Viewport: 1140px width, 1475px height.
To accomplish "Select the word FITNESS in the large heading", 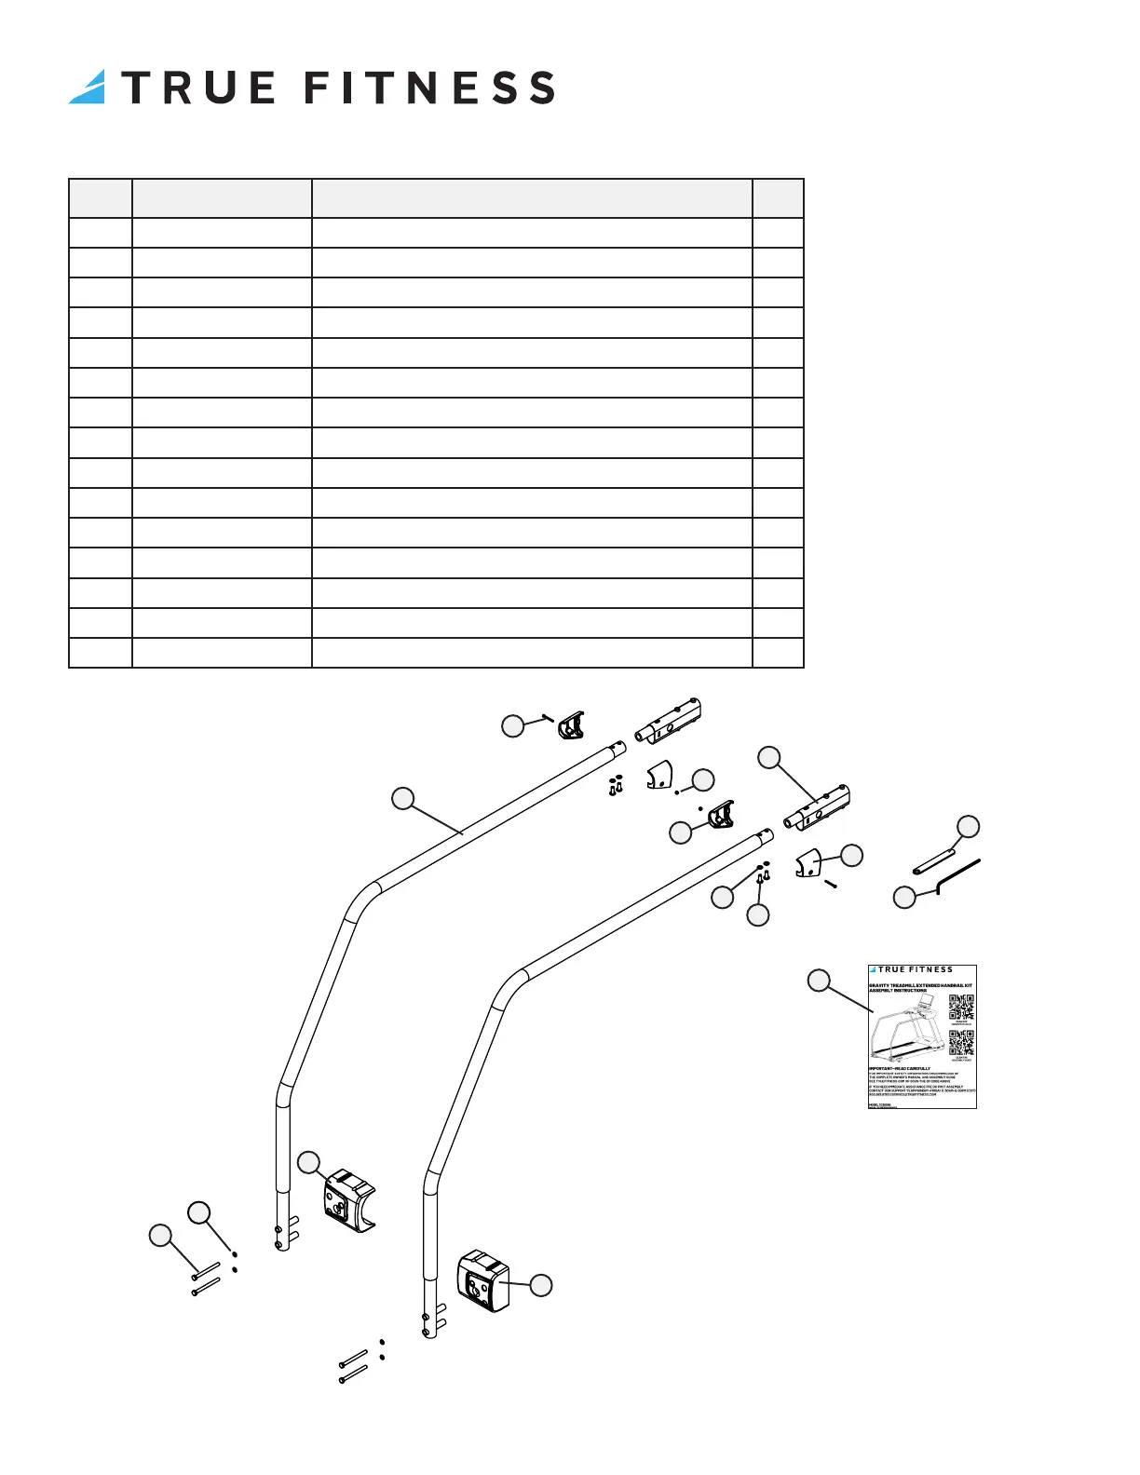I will tap(430, 88).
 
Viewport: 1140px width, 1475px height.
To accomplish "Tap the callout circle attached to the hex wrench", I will tap(904, 898).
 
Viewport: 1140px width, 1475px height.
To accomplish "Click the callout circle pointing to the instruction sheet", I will tap(819, 980).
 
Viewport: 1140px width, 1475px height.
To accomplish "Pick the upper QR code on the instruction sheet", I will tap(961, 1008).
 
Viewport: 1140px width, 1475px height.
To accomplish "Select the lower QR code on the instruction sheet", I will tap(961, 1042).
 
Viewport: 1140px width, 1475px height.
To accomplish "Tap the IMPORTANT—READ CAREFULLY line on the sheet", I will tap(900, 1069).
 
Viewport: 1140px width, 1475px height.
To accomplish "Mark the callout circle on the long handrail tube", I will tap(402, 798).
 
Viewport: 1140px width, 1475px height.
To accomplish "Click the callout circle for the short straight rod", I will tap(969, 826).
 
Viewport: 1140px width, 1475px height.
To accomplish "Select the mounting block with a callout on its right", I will tap(483, 1281).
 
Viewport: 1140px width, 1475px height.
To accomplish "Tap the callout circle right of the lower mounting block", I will tap(540, 1285).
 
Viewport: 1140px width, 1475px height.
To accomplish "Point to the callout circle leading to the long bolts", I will tap(161, 1236).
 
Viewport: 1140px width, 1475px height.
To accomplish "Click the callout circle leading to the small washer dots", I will tap(199, 1211).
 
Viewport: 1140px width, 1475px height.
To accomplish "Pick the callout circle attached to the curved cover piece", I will tap(851, 855).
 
